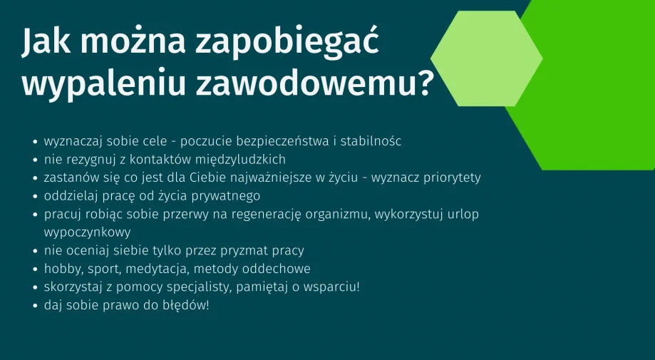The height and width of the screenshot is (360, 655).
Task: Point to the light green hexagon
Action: coord(486,58)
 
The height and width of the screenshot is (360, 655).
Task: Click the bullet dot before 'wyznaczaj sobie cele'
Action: coord(36,142)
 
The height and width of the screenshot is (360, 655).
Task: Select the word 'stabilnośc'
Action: coord(371,141)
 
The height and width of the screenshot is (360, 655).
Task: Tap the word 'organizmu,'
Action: coord(338,215)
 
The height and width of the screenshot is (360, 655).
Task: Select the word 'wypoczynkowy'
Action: coord(87,232)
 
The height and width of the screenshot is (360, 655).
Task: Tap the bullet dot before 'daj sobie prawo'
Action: coord(36,306)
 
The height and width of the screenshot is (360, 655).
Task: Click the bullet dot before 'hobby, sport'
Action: coord(36,269)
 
